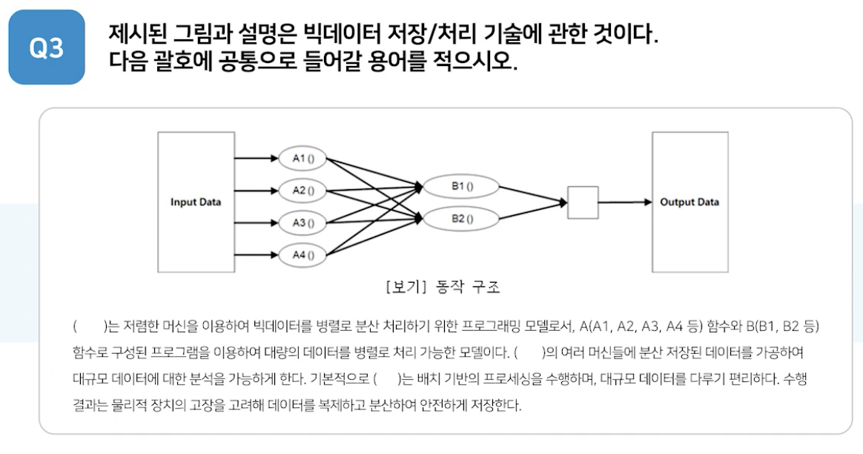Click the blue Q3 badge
[47, 47]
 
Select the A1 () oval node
[303, 158]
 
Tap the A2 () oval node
[303, 190]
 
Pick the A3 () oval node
[303, 223]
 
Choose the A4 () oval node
[303, 254]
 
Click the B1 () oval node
[462, 186]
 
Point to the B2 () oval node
[462, 219]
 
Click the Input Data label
[196, 203]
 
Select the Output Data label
[690, 203]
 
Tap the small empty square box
[583, 203]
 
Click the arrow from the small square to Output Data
[624, 203]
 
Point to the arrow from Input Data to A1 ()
[256, 158]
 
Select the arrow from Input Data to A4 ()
[256, 254]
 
